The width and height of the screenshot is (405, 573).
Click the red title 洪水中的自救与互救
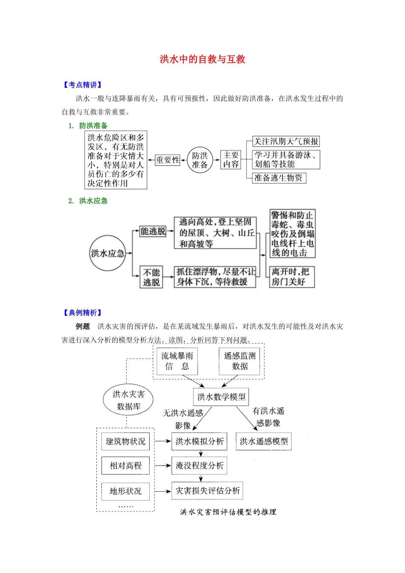(202, 59)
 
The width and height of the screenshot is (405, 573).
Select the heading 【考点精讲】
(82, 85)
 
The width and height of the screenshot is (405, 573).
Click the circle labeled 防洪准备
(200, 160)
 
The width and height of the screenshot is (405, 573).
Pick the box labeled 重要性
(167, 160)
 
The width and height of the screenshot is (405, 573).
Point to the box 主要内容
(231, 160)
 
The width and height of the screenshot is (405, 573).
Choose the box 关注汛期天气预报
(286, 141)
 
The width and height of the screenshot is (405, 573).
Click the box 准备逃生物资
(279, 178)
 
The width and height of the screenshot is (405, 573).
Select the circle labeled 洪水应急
(107, 253)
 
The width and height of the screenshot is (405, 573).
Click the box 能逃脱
(153, 231)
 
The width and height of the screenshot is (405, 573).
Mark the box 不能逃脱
(151, 277)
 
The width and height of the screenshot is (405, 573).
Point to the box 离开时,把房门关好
(292, 277)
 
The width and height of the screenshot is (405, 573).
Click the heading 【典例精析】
(82, 313)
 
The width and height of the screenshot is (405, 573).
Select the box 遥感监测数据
(240, 361)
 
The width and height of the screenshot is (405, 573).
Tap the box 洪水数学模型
(221, 397)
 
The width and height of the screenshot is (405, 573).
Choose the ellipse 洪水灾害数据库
(128, 400)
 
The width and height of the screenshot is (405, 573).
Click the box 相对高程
(125, 466)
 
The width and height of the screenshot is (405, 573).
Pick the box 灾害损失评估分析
(207, 491)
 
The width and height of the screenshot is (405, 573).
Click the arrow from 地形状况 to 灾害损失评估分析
(162, 491)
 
